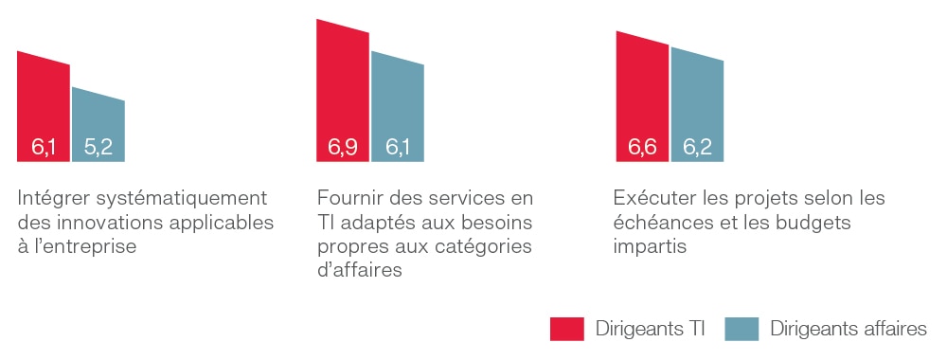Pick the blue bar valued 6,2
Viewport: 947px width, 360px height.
(697, 104)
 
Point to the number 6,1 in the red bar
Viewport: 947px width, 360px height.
(44, 147)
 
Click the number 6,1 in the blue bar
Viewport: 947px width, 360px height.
(398, 147)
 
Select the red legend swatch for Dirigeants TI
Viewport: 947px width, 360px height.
(566, 329)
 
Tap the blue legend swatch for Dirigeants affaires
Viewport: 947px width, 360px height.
(742, 329)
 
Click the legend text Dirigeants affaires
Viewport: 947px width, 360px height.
(849, 329)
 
